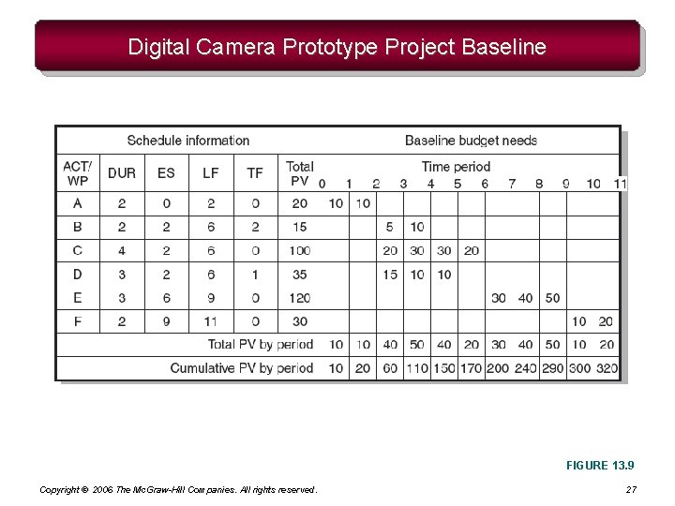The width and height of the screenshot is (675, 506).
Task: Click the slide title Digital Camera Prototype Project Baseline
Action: (x=337, y=47)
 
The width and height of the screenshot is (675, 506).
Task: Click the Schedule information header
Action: (x=187, y=141)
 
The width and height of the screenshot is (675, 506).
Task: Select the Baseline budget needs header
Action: (x=471, y=141)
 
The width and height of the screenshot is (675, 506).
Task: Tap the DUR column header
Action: (x=122, y=173)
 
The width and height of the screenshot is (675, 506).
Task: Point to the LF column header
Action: (x=211, y=173)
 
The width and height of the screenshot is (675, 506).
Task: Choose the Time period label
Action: (x=456, y=167)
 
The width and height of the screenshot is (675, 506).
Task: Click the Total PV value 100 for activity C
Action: (x=300, y=250)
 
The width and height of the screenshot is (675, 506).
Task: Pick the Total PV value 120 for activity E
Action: (x=300, y=298)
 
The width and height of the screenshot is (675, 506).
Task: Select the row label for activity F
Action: (x=77, y=321)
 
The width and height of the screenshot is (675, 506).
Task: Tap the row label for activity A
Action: (x=77, y=203)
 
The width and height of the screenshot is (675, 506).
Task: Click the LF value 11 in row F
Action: (x=211, y=321)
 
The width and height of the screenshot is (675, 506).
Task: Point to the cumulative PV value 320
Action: (x=607, y=368)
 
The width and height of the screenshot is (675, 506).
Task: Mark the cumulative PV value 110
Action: (x=417, y=368)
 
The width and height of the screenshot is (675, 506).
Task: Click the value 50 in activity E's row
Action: (x=552, y=298)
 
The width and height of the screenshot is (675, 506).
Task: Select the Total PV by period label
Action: (x=261, y=345)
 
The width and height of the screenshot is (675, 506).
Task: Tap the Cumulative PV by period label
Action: (x=242, y=368)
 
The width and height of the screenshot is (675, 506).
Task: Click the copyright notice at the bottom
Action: (x=178, y=490)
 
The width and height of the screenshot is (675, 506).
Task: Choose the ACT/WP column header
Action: (x=77, y=173)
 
